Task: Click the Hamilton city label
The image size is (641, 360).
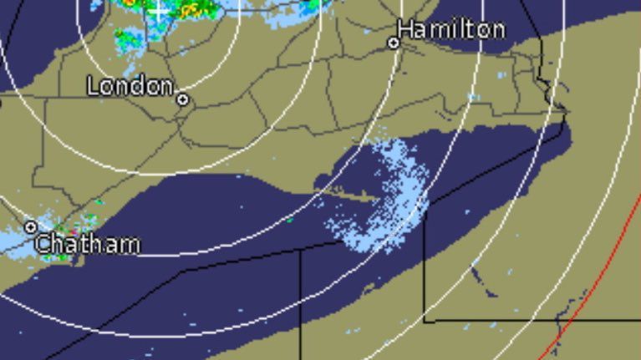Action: coord(450,30)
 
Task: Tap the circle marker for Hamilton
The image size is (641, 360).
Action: coord(394,43)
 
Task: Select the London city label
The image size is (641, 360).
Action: coord(130,85)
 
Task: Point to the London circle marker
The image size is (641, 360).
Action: coord(182,99)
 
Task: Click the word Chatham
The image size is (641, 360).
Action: coord(88,245)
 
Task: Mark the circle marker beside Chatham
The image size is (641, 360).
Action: coord(31,226)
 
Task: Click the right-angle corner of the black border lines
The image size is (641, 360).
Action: coord(425,319)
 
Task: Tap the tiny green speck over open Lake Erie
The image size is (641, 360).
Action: coord(290,220)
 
